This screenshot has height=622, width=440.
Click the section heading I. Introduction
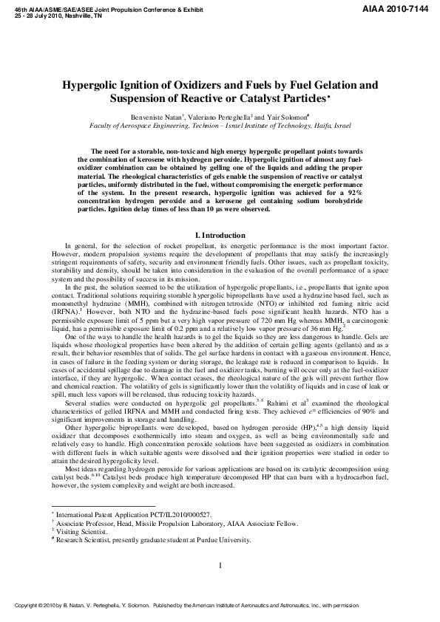pyautogui.click(x=220, y=235)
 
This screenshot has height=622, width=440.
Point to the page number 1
pyautogui.click(x=220, y=566)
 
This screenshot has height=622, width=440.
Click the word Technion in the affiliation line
pyautogui.click(x=244, y=126)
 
